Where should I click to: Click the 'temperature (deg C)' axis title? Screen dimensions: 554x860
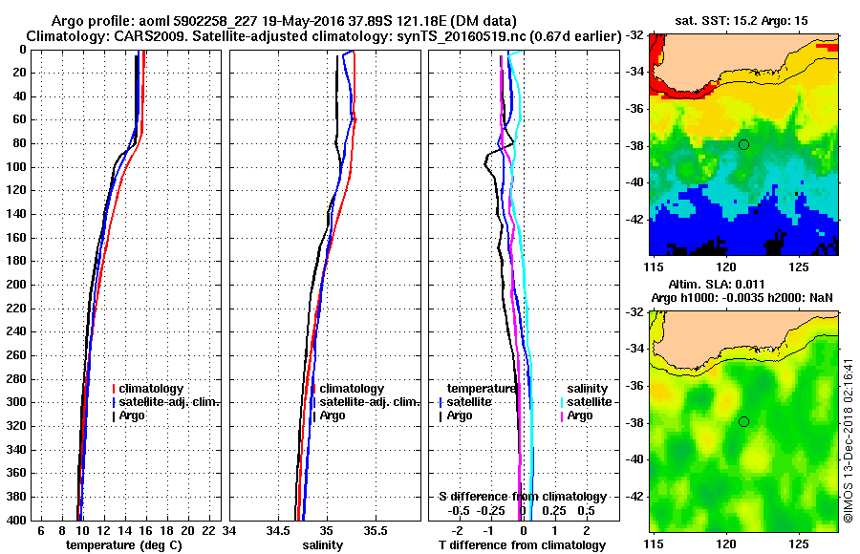123,545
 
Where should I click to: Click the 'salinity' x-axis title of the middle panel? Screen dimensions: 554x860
323,545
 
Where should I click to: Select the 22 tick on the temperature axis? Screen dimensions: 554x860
206,531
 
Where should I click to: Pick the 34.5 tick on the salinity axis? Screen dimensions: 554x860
278,531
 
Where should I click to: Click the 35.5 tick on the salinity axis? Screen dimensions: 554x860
376,531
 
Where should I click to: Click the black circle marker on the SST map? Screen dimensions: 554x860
743,144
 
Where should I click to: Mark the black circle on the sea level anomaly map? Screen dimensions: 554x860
743,421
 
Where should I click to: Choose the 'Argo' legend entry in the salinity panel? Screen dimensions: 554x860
333,415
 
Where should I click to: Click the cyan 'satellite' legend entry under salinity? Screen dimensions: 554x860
588,402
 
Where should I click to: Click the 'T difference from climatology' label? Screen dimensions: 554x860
522,545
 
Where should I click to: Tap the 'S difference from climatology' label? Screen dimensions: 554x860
522,497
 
